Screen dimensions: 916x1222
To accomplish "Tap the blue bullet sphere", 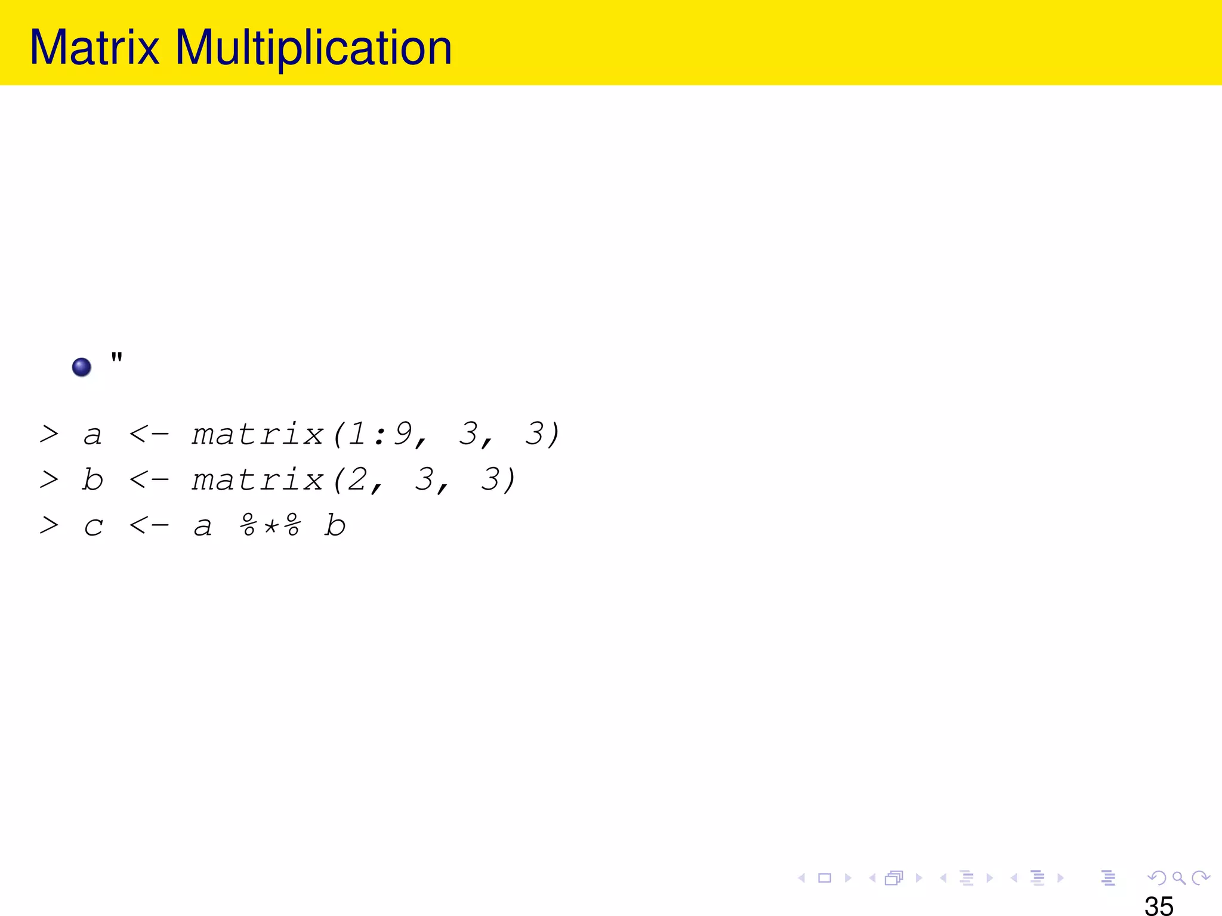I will [x=82, y=367].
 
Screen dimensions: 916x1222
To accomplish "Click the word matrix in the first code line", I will [x=257, y=434].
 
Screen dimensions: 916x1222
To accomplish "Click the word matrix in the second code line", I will [x=257, y=479].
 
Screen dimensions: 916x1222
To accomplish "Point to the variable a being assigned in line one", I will [x=92, y=435].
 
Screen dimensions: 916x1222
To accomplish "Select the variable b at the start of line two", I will [x=92, y=479].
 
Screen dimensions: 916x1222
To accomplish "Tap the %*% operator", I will [x=270, y=525].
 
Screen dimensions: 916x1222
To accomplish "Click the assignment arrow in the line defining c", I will [x=149, y=525].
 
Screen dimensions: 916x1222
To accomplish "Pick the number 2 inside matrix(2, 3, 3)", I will [x=357, y=479].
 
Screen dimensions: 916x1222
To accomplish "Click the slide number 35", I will [x=1159, y=905].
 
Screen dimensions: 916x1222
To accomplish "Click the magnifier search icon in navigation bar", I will [x=1178, y=878].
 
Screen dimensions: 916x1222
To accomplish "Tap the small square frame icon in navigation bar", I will [x=825, y=878].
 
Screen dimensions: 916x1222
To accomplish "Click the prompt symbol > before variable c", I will [x=49, y=525].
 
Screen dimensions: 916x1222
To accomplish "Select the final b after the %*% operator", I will [x=335, y=525].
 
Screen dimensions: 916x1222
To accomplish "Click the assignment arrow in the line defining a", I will [x=149, y=434].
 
